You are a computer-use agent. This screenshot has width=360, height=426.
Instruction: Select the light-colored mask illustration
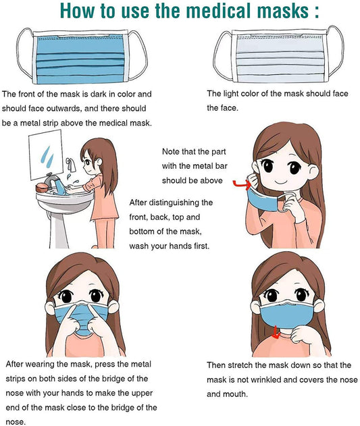click(x=279, y=54)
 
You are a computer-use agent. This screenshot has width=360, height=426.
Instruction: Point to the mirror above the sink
click(x=46, y=155)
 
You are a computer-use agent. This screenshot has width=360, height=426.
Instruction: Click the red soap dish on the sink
click(x=42, y=188)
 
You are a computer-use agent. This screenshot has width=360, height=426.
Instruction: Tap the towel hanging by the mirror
click(x=71, y=165)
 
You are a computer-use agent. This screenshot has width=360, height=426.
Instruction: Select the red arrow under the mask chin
click(x=276, y=333)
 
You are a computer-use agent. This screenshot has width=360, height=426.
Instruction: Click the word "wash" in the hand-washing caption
click(x=138, y=246)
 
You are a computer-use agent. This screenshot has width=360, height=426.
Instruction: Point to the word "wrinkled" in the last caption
click(x=266, y=379)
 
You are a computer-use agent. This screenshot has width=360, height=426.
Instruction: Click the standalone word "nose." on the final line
click(x=16, y=422)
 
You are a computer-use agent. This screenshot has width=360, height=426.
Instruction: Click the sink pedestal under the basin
click(x=59, y=230)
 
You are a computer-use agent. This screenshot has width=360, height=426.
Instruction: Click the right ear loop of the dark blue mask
click(x=138, y=55)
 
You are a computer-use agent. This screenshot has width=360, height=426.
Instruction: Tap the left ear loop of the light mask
click(x=223, y=55)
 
